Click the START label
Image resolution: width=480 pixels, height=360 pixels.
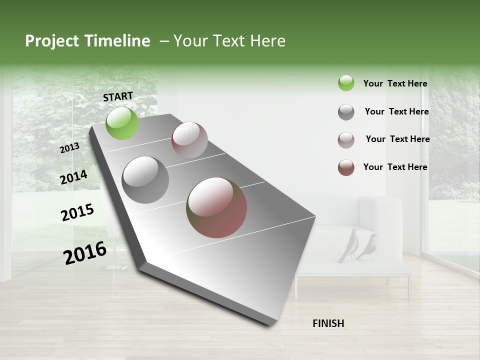pyautogui.click(x=118, y=96)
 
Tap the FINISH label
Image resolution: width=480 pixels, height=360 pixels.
pyautogui.click(x=328, y=323)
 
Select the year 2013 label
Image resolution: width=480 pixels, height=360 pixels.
pyautogui.click(x=70, y=147)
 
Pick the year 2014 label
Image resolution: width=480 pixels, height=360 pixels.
pyautogui.click(x=74, y=177)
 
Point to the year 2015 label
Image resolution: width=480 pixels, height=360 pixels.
pyautogui.click(x=77, y=212)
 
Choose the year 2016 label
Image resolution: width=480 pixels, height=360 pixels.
pyautogui.click(x=85, y=252)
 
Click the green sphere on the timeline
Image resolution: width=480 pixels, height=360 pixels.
pyautogui.click(x=122, y=123)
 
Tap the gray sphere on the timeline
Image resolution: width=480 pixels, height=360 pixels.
pyautogui.click(x=145, y=179)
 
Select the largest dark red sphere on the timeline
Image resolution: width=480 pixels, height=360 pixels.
pyautogui.click(x=216, y=207)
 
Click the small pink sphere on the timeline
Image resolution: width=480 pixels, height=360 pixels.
pyautogui.click(x=189, y=140)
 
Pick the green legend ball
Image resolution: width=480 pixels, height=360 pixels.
pyautogui.click(x=346, y=83)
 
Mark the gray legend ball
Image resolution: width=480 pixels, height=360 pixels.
pyautogui.click(x=346, y=112)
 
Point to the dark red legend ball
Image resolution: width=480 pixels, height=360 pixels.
pyautogui.click(x=346, y=167)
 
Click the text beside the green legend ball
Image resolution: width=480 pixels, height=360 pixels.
pyautogui.click(x=395, y=83)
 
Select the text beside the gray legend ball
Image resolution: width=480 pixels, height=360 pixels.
pyautogui.click(x=396, y=111)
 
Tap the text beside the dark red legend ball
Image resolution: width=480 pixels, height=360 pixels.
pyautogui.click(x=395, y=167)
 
